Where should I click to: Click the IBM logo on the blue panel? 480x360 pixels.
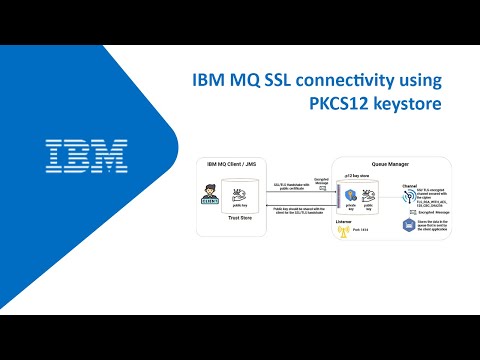[87, 153]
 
